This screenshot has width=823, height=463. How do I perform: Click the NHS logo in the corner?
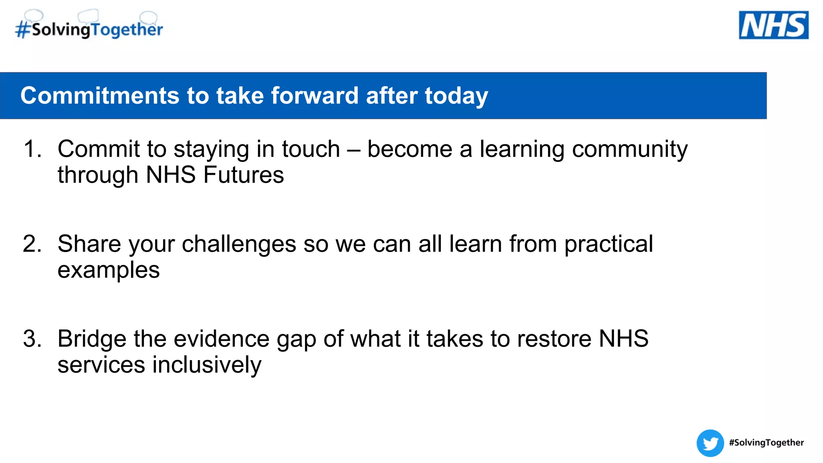773,25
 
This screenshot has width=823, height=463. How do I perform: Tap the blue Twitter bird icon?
710,443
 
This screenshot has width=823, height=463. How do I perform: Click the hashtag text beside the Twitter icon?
766,443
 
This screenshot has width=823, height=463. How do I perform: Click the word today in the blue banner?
456,96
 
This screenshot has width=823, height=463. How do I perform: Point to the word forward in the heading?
314,96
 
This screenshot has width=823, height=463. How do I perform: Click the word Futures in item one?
244,175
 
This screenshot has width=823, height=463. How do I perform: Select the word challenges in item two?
239,244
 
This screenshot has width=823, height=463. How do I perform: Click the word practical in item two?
608,244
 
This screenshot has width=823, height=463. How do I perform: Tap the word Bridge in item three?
92,339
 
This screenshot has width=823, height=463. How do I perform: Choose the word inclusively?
207,365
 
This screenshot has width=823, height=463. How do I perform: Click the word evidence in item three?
221,338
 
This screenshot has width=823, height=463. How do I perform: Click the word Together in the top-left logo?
127,30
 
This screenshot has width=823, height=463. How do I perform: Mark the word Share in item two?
89,244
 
